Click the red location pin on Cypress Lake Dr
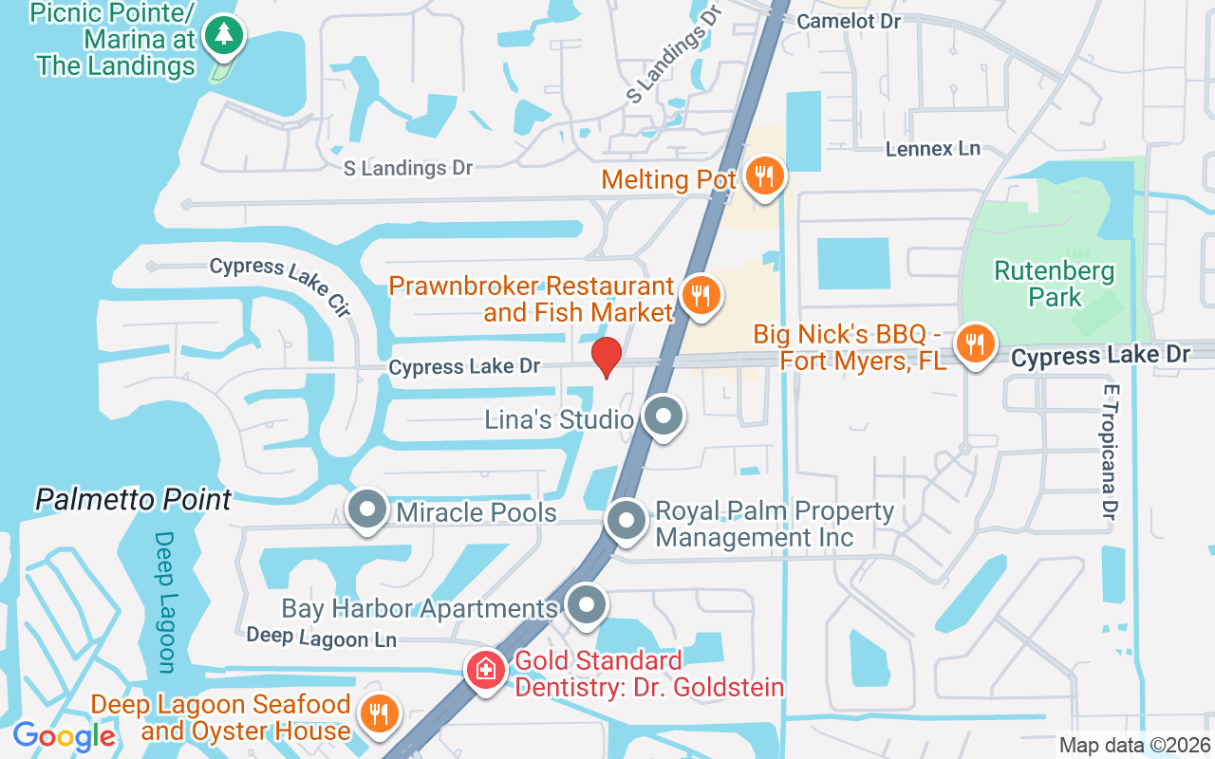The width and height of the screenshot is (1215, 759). coord(606,357)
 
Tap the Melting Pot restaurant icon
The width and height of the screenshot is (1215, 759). coord(762,176)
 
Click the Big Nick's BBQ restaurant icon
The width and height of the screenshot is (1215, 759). coord(974,342)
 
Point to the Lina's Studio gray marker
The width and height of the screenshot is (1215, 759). coord(663,417)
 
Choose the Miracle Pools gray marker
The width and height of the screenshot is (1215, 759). coord(366,509)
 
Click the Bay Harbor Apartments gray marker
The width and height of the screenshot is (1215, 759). coord(586,604)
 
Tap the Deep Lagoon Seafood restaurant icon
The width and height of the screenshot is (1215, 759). coord(380,714)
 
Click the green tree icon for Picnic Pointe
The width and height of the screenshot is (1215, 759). coord(225,35)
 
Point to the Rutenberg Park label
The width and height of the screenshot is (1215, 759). coord(1054,284)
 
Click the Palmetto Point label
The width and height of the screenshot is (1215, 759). coord(133,500)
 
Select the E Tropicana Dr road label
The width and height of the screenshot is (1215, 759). coord(1111,452)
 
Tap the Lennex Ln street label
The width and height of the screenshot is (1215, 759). coord(932,149)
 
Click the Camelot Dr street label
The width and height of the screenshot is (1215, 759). coord(848,20)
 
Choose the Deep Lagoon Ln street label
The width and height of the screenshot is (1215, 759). coord(321,638)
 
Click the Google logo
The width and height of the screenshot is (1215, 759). coord(64,736)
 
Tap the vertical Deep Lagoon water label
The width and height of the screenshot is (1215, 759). coord(165,602)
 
